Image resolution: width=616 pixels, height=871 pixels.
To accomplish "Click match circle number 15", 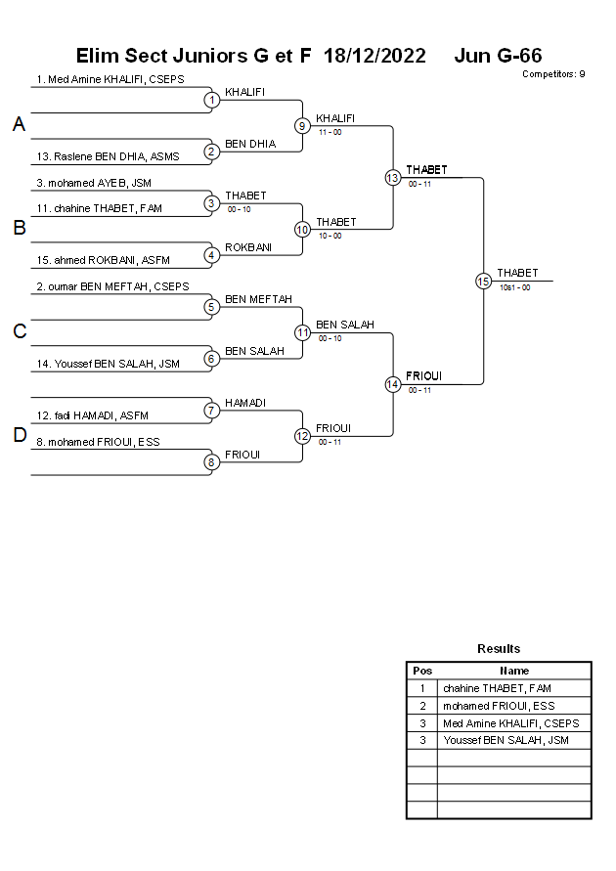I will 483,281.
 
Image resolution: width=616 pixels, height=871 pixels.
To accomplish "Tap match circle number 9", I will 302,125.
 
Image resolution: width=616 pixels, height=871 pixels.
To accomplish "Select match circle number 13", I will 392,177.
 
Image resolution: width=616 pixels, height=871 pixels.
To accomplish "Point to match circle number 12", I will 302,436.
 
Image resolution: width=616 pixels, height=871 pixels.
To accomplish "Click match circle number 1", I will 211,99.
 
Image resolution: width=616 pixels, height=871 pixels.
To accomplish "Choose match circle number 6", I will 211,358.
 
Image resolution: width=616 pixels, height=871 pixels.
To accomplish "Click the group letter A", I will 19,125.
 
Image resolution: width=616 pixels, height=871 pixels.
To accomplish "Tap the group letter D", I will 19,436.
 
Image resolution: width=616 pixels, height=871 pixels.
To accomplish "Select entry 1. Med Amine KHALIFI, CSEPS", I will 110,79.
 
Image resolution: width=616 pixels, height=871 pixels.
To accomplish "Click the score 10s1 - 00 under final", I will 514,287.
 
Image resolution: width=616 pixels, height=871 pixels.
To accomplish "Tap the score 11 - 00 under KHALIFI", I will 330,132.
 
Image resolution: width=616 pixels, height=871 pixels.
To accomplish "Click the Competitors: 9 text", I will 553,73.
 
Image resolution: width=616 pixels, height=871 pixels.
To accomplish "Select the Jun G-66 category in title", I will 498,56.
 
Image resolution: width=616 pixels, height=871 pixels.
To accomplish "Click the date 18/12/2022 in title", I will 374,56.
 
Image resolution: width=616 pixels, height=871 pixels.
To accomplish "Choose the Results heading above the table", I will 499,648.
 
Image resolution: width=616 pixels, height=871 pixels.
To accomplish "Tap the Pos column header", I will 422,671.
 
